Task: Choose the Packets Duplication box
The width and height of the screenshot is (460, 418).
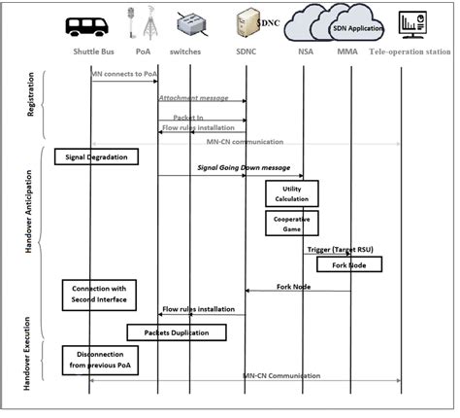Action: (178, 332)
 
